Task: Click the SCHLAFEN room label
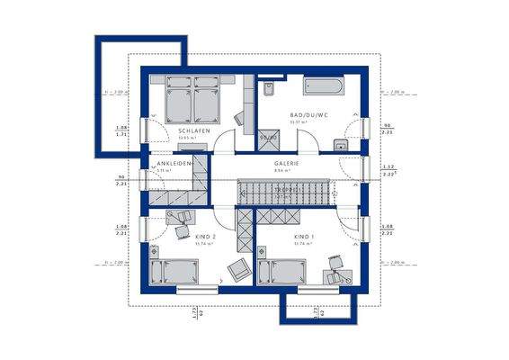tap(194, 131)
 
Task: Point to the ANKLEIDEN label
tap(174, 164)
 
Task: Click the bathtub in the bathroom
tap(320, 88)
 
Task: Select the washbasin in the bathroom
tap(341, 146)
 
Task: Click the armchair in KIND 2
tap(238, 269)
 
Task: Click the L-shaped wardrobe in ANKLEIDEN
tap(180, 191)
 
